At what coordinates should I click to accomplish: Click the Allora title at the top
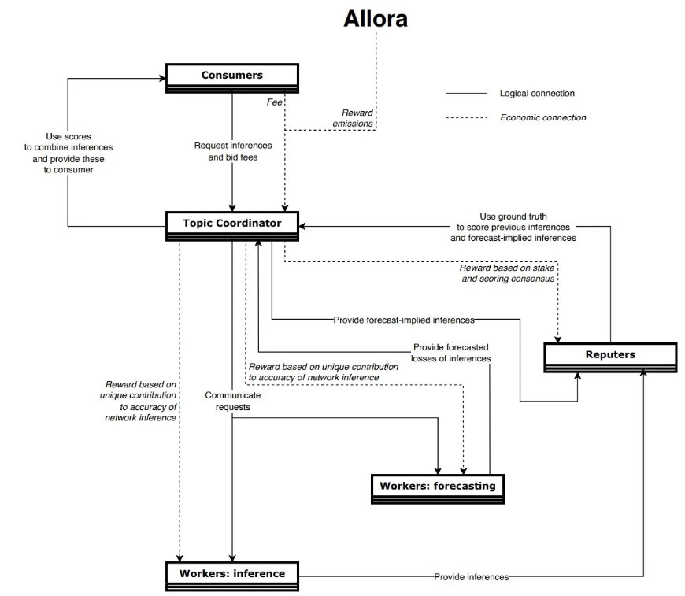(x=376, y=20)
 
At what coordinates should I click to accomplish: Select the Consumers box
(x=231, y=76)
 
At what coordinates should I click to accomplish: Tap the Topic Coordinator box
(x=231, y=224)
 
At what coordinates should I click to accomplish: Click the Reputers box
(x=610, y=354)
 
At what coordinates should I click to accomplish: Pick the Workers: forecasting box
(x=437, y=486)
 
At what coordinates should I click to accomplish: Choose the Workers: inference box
(x=231, y=573)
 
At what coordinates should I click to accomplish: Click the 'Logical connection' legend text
(x=537, y=93)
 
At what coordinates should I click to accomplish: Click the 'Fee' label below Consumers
(x=273, y=101)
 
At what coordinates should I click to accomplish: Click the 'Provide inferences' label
(x=471, y=577)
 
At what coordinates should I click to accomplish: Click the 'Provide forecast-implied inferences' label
(x=403, y=320)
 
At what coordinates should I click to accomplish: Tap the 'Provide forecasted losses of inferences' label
(x=450, y=353)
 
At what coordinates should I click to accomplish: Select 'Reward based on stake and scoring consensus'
(x=509, y=273)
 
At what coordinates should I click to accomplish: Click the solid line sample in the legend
(x=467, y=94)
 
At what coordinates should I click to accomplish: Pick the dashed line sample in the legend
(x=467, y=118)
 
